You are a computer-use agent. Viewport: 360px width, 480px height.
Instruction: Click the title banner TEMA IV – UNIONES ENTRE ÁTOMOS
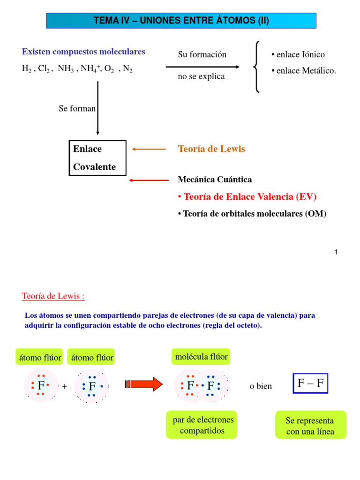(181, 21)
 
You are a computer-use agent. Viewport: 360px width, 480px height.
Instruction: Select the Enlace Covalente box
(97, 158)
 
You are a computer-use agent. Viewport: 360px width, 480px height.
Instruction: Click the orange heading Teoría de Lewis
(211, 149)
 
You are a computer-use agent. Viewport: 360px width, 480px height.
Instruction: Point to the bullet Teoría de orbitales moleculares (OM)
(252, 214)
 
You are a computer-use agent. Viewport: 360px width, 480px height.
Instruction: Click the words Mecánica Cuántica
(215, 180)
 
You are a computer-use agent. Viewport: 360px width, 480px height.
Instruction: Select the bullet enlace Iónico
(298, 55)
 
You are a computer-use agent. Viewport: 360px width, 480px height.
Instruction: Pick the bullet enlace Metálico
(304, 71)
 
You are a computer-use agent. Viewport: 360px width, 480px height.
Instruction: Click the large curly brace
(256, 67)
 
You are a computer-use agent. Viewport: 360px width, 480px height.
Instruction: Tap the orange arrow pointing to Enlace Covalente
(149, 150)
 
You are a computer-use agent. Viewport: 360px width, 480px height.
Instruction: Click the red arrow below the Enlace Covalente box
(149, 180)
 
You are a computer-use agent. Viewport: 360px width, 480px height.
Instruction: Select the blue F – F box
(310, 383)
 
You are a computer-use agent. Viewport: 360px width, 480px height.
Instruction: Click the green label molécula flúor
(201, 357)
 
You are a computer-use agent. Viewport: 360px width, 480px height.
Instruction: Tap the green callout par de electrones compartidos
(202, 425)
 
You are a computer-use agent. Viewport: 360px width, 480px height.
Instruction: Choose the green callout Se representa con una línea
(310, 426)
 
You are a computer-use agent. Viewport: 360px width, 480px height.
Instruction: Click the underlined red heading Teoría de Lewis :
(53, 296)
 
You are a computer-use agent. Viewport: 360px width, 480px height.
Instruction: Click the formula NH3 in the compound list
(65, 69)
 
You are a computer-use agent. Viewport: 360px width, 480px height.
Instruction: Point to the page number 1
(336, 252)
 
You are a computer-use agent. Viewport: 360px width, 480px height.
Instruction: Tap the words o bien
(261, 386)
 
